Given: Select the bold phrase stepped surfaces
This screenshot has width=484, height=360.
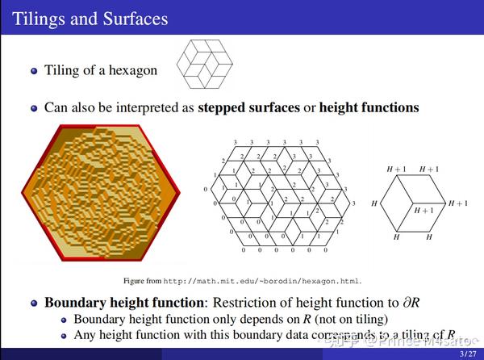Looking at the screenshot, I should (248, 107).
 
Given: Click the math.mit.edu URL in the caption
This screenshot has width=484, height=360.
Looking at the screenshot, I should (262, 280).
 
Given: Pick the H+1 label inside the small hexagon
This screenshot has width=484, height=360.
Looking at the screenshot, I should (424, 210).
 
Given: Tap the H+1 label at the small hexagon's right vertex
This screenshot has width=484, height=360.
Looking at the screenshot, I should (457, 203).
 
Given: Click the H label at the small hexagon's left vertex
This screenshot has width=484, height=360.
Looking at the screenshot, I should (373, 205).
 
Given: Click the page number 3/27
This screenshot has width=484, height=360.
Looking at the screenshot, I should (466, 354).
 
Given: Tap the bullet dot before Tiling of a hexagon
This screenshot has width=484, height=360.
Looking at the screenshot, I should (34, 71).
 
